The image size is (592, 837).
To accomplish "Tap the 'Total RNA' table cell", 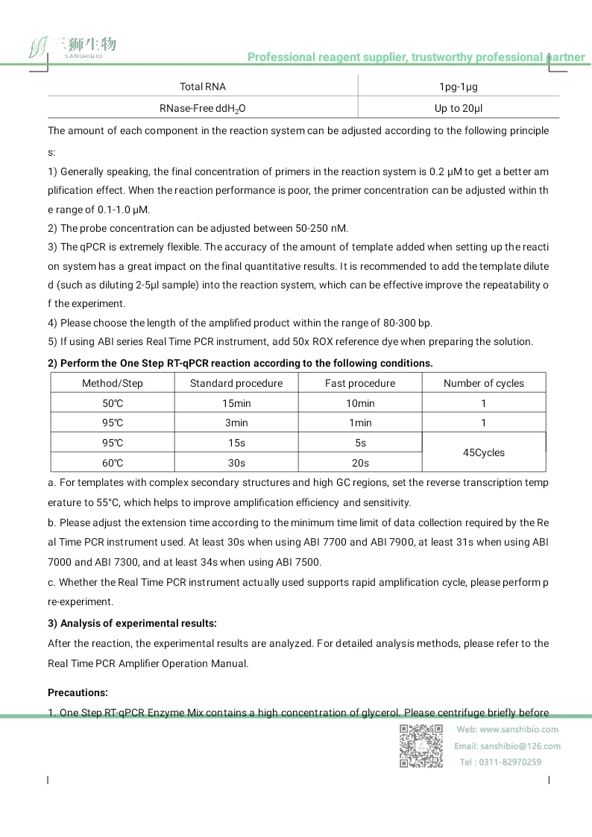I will point(203,87).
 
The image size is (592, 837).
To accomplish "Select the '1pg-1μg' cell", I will point(458,87).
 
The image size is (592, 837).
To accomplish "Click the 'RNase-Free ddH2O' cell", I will point(203,108).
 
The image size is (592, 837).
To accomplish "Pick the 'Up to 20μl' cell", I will point(458,108).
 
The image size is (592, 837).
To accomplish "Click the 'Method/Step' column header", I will point(113,383).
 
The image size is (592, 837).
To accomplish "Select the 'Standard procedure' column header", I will point(236,383).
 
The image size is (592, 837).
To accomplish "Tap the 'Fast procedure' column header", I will point(360,383).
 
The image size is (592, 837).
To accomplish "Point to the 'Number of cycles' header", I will point(483,383).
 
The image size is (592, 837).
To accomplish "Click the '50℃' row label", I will point(113,403).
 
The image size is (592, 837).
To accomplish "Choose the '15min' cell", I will point(236,403).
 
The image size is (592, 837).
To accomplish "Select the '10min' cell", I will point(360,403).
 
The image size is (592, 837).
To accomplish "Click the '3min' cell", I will point(236,423).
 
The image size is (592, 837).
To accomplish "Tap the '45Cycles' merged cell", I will point(483,452).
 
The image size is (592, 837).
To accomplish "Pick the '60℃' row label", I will point(113,463).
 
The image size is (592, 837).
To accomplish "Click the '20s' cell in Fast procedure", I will point(360,463).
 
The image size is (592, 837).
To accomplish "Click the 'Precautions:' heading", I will point(78,692).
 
